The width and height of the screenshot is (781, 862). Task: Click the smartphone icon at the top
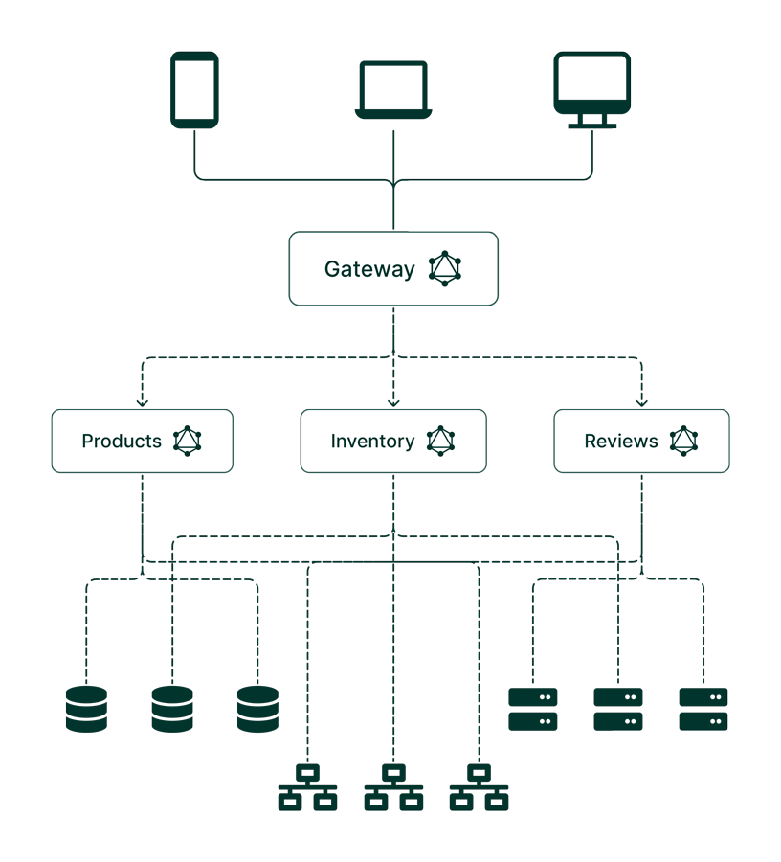pos(194,90)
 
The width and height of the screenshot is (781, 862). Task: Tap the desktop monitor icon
pos(592,90)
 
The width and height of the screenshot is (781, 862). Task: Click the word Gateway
pos(369,269)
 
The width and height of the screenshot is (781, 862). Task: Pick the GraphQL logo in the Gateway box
pos(445,268)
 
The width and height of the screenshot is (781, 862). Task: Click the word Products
pos(122,442)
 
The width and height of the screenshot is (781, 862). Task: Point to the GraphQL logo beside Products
pos(188,441)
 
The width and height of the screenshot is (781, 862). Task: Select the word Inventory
pos(372,442)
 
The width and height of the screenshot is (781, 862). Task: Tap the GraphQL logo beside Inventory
pos(440,441)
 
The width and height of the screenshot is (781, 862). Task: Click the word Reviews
pos(621,442)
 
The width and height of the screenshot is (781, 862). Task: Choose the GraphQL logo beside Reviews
pos(683,441)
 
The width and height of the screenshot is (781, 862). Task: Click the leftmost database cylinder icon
pos(87,709)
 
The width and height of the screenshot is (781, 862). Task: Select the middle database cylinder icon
pos(172,709)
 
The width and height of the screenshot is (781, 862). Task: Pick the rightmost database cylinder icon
pos(257,709)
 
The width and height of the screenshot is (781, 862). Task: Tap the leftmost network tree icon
pos(307,786)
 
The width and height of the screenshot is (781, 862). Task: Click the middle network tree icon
pos(393,786)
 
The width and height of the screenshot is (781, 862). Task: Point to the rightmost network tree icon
pos(479,786)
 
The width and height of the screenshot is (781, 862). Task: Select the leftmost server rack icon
pos(533,709)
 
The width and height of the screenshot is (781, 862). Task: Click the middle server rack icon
pos(618,709)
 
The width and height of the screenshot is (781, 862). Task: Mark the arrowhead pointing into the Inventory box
pos(393,402)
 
